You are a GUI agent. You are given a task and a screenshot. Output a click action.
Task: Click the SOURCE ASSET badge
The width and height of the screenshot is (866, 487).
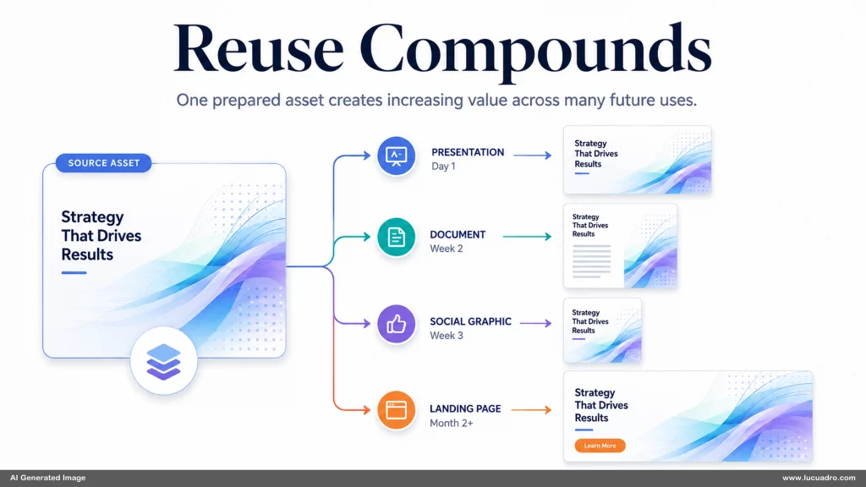103,163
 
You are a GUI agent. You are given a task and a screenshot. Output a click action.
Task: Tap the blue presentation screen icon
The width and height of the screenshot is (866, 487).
396,156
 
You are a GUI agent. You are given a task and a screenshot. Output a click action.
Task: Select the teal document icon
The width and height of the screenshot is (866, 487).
396,238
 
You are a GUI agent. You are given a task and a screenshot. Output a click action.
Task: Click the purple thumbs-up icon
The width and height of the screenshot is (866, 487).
396,324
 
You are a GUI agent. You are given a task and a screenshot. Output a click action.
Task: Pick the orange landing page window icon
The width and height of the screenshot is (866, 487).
396,410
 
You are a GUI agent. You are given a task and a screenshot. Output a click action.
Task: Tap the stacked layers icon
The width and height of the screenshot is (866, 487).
163,361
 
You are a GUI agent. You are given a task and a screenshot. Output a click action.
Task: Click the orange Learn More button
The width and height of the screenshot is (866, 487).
600,446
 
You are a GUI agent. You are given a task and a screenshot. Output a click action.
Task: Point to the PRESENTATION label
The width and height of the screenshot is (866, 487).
468,152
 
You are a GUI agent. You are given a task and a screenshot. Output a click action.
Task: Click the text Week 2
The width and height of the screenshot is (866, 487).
447,249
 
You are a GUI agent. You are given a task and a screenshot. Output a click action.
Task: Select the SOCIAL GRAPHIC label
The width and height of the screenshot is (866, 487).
470,321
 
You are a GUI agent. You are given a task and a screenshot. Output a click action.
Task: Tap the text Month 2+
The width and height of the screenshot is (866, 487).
452,423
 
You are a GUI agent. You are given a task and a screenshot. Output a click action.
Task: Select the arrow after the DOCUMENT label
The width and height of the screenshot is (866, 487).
528,237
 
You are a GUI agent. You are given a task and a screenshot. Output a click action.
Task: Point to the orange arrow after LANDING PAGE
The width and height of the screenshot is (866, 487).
532,410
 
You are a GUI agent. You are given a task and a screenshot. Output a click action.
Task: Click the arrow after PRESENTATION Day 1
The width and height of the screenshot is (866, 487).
533,156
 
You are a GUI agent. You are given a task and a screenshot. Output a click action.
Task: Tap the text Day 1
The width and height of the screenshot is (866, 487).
443,167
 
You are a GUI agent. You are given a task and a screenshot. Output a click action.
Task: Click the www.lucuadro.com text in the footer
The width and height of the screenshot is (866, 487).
819,478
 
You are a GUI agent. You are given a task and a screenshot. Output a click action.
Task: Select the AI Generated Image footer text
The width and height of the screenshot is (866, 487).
48,478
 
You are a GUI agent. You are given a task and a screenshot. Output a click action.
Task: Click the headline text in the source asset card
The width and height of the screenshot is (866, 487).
101,236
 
